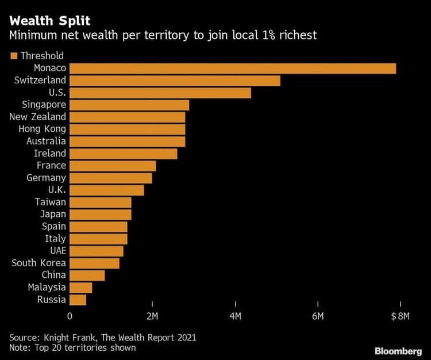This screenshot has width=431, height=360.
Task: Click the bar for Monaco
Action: pyautogui.click(x=232, y=68)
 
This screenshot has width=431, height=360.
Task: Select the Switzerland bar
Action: pyautogui.click(x=175, y=81)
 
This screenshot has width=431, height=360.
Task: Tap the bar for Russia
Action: pyautogui.click(x=78, y=300)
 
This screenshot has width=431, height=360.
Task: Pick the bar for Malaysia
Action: pyautogui.click(x=80, y=288)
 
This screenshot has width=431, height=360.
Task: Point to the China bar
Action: pyautogui.click(x=87, y=275)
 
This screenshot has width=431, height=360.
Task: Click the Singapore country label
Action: pyautogui.click(x=44, y=105)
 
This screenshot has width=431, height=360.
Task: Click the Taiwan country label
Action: pyautogui.click(x=51, y=202)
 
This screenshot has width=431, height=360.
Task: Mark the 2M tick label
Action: pyautogui.click(x=152, y=316)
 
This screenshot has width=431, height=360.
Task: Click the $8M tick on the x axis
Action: pyautogui.click(x=400, y=316)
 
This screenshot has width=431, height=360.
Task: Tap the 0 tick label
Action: pyautogui.click(x=70, y=316)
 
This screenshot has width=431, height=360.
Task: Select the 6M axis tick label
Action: pyautogui.click(x=318, y=316)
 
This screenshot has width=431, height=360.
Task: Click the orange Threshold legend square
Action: pyautogui.click(x=13, y=56)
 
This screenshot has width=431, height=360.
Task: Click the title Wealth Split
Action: pyautogui.click(x=49, y=21)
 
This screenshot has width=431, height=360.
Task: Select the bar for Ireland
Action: pyautogui.click(x=123, y=154)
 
